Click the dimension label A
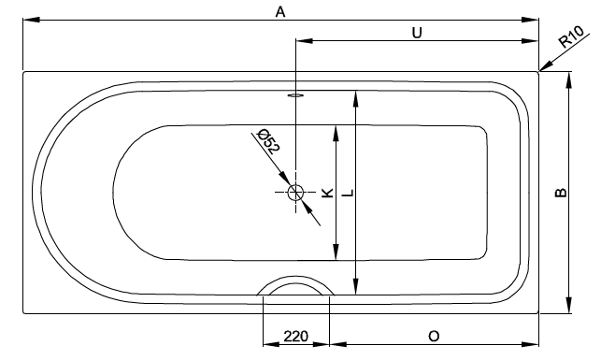coord(280,12)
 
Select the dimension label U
coord(417,33)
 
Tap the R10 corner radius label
coord(571,36)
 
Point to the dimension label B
coord(561,192)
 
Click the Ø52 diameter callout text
coord(268,141)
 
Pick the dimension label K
coord(327,193)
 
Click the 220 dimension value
coord(295,337)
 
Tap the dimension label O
coord(434,337)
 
